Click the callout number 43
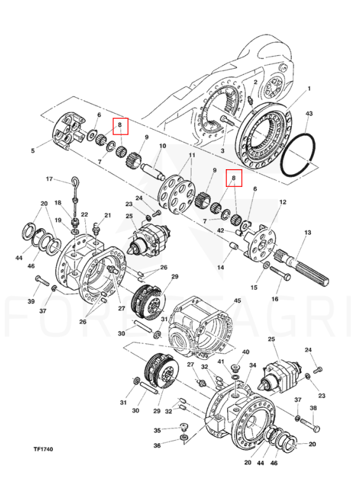[x=308, y=113]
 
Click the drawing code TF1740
[x=43, y=449]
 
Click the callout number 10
[x=162, y=146]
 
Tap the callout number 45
[x=237, y=301]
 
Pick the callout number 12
[x=283, y=202]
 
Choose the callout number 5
[x=33, y=151]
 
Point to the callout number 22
[x=84, y=214]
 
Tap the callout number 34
[x=253, y=366]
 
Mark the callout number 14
[x=221, y=267]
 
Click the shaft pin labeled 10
[x=153, y=170]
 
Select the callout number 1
[x=309, y=88]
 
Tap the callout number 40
[x=246, y=352]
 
